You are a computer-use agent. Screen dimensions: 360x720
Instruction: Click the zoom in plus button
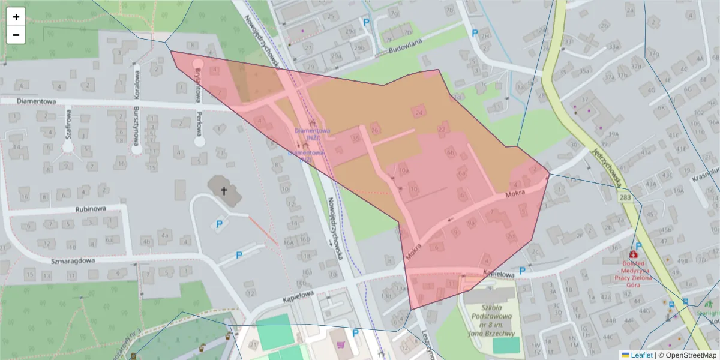click(x=16, y=17)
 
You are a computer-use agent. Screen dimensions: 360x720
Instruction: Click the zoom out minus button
click(x=16, y=35)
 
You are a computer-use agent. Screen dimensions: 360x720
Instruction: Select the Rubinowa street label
click(x=91, y=209)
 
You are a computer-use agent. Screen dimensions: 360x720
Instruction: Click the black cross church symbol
click(x=224, y=191)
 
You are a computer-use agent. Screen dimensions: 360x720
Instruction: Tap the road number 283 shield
click(x=626, y=197)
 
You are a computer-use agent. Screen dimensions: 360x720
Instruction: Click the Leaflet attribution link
click(x=641, y=355)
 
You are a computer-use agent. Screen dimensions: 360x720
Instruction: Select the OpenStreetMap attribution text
click(x=690, y=355)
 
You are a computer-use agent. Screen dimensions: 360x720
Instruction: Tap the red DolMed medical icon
click(x=632, y=254)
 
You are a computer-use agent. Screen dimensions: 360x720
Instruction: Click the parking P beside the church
click(x=219, y=224)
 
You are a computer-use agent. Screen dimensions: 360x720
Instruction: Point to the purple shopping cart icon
click(x=341, y=346)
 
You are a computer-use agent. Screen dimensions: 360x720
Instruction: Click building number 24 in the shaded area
click(x=418, y=112)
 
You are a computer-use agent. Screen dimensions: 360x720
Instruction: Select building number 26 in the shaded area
click(x=376, y=130)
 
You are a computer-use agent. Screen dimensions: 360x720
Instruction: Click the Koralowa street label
click(x=137, y=84)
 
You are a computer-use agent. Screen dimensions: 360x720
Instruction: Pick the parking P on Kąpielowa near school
click(x=522, y=271)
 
